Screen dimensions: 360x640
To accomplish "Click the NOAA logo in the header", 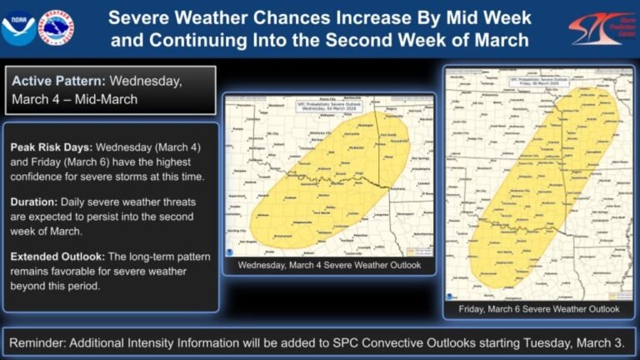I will [19, 27].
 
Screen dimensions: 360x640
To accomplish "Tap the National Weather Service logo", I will [56, 27].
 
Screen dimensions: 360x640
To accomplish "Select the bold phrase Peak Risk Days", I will [51, 147].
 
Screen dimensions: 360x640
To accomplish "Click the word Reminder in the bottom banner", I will [41, 342].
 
